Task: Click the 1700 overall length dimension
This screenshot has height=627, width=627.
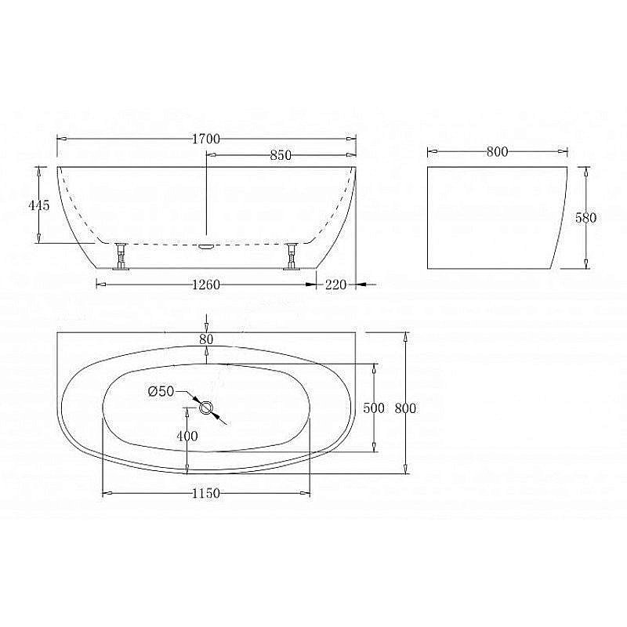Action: (x=206, y=139)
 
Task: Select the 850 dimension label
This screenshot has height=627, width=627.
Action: (x=281, y=155)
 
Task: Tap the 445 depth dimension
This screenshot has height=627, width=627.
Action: (x=39, y=205)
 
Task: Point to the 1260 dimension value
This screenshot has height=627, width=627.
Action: (x=206, y=285)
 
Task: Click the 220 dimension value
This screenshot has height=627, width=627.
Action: (x=336, y=285)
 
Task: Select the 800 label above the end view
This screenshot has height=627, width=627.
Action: (x=498, y=152)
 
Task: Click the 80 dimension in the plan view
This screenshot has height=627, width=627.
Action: (x=206, y=339)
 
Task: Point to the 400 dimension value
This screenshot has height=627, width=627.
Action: (x=187, y=437)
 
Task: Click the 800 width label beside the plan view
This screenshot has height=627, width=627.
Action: (x=404, y=408)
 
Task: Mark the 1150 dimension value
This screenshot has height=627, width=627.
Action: (x=206, y=493)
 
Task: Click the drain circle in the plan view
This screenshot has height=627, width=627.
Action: (x=207, y=408)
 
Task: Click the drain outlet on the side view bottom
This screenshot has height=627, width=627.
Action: (x=207, y=245)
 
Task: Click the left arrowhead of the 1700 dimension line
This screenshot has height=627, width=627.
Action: (x=60, y=139)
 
